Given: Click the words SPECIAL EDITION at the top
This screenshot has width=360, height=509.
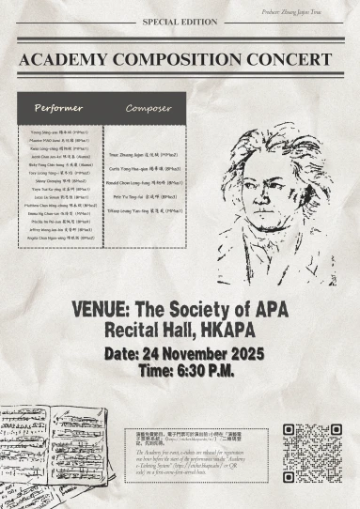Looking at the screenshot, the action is pos(180,21).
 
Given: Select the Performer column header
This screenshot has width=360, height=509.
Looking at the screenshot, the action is pos(58,108).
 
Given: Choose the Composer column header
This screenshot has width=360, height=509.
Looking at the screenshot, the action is pos(148,108).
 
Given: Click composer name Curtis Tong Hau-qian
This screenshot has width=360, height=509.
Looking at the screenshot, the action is pos(149,164).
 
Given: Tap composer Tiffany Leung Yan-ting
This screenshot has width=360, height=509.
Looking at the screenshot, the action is pos(149,211).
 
